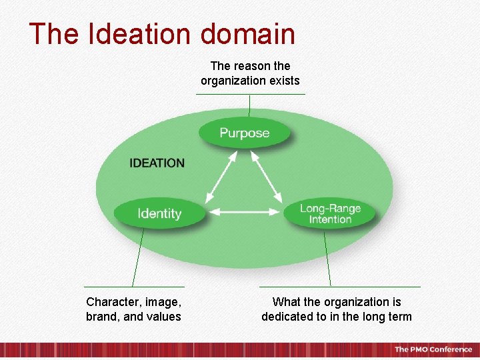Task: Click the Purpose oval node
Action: [x=245, y=133]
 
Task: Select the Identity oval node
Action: [x=159, y=213]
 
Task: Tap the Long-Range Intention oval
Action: [x=330, y=213]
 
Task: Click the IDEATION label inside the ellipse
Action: [x=157, y=163]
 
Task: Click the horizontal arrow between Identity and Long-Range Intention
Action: [x=245, y=213]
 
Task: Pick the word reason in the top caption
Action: [x=253, y=66]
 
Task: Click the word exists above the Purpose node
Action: [x=283, y=81]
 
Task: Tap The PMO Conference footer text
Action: [x=433, y=349]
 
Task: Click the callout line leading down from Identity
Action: [x=138, y=257]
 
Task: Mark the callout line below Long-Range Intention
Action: [x=327, y=257]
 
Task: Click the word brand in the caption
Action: [x=101, y=317]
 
